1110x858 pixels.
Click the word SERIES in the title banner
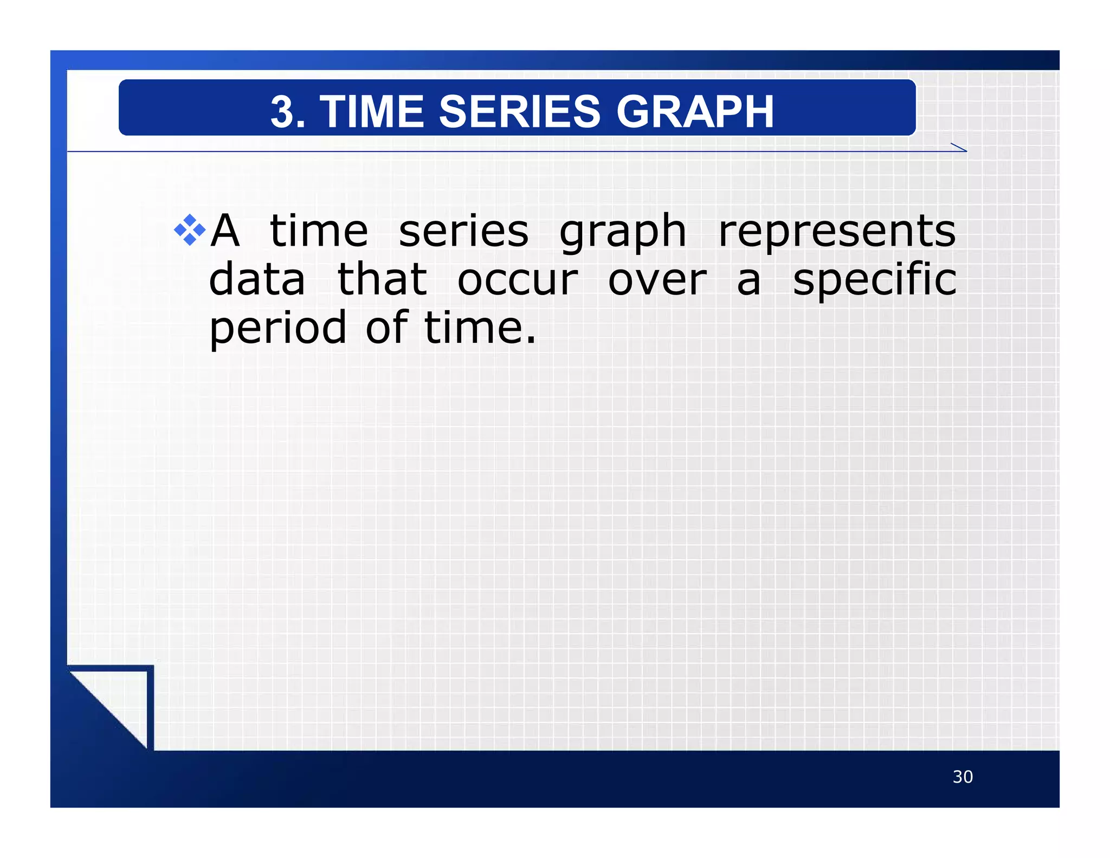tap(520, 112)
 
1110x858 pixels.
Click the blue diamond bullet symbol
tap(190, 230)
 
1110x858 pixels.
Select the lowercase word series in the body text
tap(463, 231)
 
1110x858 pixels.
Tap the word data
tap(257, 279)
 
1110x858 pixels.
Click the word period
tap(277, 329)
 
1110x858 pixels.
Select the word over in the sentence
tap(657, 280)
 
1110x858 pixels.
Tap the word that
tap(382, 279)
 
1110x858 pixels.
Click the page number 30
tap(963, 777)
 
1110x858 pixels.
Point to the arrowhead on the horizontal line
tap(960, 148)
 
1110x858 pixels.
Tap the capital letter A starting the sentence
tap(225, 231)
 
